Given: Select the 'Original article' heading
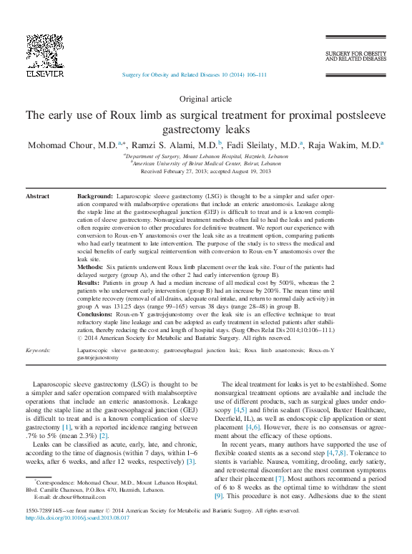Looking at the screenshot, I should click(x=205, y=99).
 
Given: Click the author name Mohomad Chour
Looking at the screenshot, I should click(x=72, y=145).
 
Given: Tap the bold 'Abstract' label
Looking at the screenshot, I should click(x=37, y=195).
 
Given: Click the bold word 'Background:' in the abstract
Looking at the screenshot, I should click(x=94, y=195).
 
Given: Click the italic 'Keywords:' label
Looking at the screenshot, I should click(x=37, y=350).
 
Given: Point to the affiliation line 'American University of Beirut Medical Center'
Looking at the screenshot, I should click(x=206, y=163).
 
